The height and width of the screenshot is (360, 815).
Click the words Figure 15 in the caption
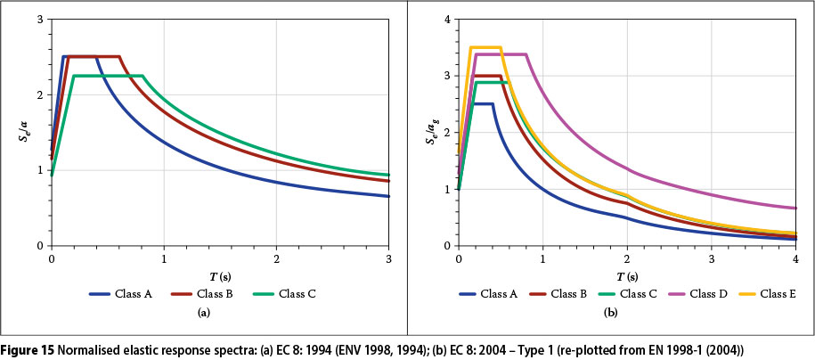(x=30, y=347)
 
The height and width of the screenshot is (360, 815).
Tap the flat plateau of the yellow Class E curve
(x=485, y=46)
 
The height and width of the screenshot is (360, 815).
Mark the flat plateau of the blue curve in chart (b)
(x=483, y=103)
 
